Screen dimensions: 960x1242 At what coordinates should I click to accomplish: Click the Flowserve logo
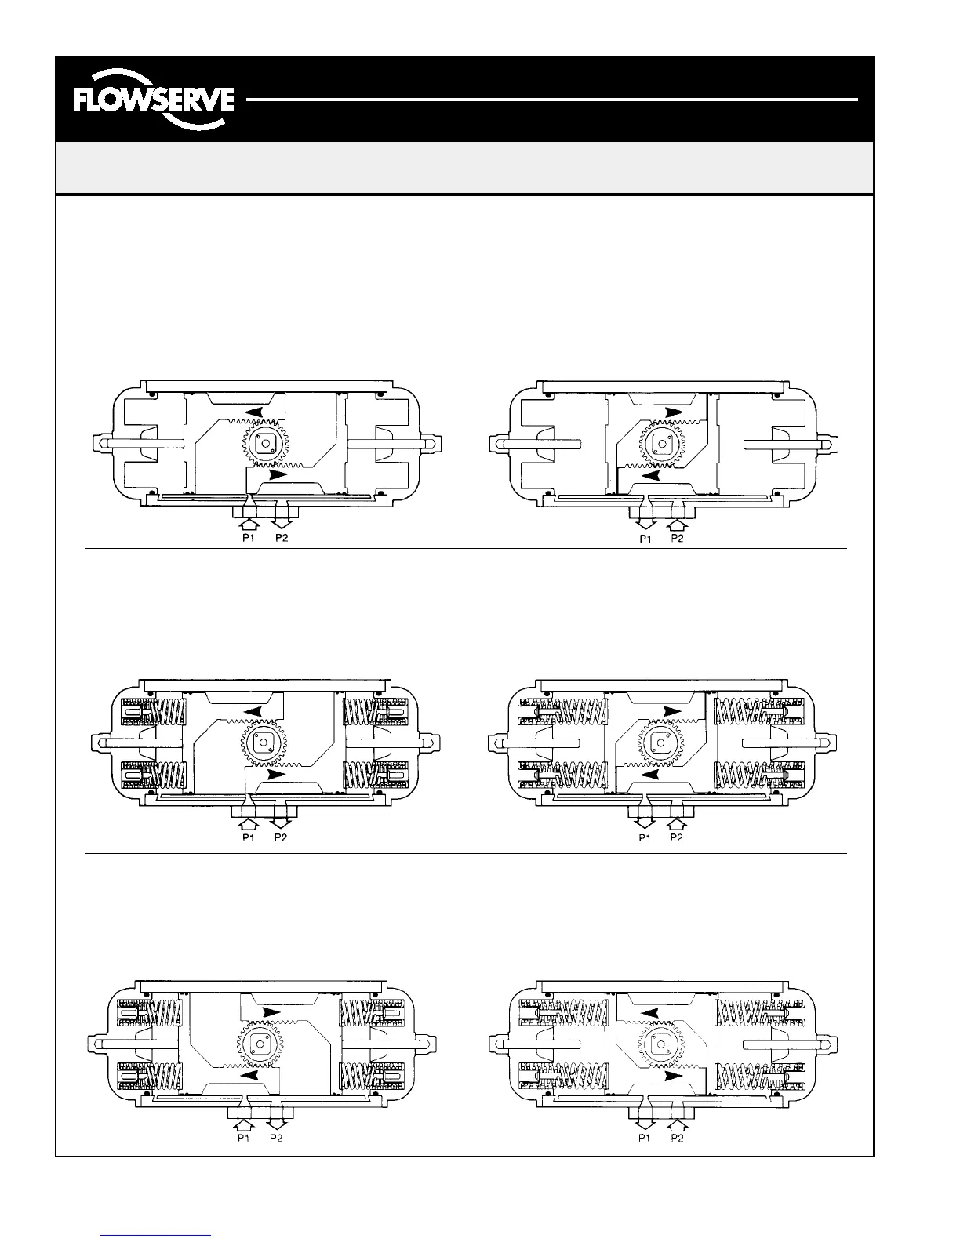[153, 100]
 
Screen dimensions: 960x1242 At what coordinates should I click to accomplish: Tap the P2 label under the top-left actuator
[280, 539]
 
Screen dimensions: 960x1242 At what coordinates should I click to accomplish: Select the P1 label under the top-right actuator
[645, 539]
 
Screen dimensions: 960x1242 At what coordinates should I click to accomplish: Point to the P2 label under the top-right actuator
[677, 539]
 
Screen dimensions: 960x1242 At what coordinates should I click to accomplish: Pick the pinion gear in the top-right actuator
[664, 444]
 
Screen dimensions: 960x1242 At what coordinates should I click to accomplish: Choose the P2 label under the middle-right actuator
[677, 838]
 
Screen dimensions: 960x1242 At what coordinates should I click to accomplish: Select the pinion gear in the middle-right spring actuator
[664, 742]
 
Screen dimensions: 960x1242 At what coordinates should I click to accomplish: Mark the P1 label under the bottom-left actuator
[244, 1138]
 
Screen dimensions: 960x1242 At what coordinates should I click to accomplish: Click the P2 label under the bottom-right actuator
[677, 1138]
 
